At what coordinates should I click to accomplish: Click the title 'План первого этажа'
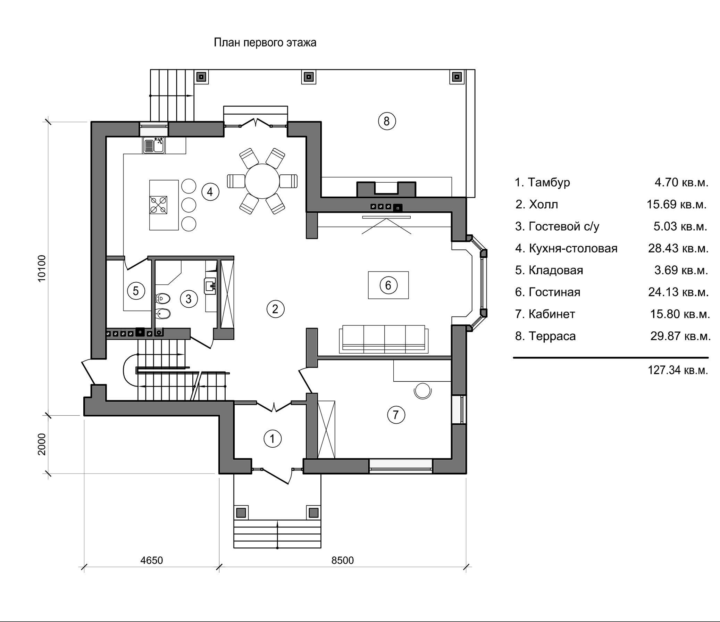coord(265,43)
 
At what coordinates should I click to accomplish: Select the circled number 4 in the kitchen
coord(210,192)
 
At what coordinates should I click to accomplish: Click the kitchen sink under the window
coord(154,145)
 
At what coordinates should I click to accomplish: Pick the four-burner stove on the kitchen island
coord(158,205)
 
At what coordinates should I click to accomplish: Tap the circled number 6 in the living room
coord(388,285)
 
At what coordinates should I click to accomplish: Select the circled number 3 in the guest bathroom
coord(189,299)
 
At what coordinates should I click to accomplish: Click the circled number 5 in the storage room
coord(136,291)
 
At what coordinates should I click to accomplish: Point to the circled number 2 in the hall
coord(276,309)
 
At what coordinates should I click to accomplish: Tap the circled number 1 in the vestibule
coord(273,439)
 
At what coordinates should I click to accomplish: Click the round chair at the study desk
coord(423,390)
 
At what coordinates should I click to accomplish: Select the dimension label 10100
coord(42,268)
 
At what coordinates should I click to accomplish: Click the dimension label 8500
coord(342,560)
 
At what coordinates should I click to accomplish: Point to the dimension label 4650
coord(151,560)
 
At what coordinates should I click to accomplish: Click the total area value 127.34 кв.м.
coord(678,370)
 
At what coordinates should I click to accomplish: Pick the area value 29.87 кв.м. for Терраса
coord(680,336)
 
